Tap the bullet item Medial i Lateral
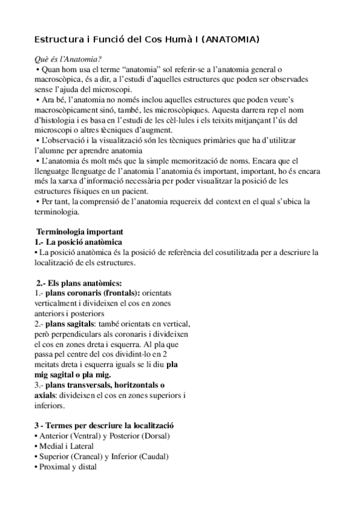pos(64,446)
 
